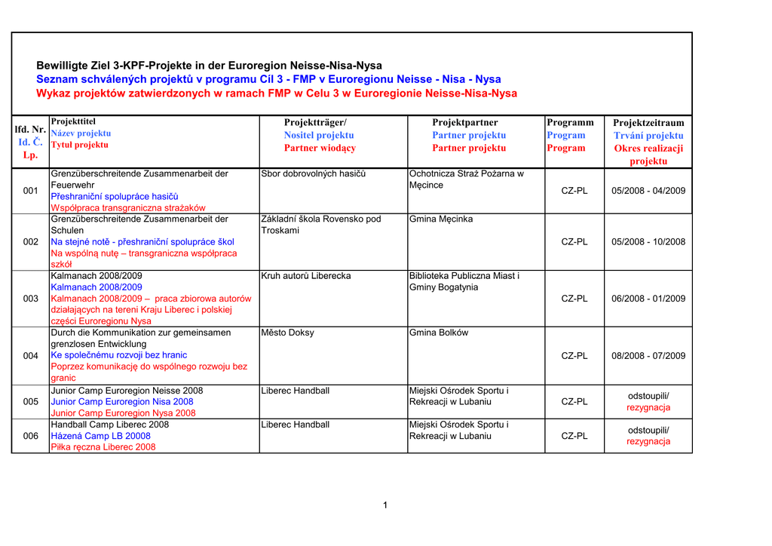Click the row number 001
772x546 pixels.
[31, 191]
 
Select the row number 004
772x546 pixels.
[31, 356]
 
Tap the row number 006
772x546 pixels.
[31, 436]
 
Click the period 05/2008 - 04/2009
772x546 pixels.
[648, 191]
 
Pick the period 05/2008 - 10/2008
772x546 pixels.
[648, 242]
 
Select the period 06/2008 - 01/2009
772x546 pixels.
[648, 299]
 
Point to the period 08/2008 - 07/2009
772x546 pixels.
[648, 356]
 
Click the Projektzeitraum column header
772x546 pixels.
[648, 122]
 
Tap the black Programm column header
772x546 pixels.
[570, 122]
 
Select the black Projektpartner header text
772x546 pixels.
[465, 122]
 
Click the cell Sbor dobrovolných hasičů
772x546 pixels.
[314, 174]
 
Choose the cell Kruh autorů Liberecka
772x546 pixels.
[306, 276]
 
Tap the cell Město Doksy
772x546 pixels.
[288, 333]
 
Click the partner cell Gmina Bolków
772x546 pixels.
[439, 333]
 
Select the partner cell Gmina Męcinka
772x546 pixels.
[441, 219]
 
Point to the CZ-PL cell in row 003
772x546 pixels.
[574, 299]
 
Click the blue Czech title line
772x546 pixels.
[268, 79]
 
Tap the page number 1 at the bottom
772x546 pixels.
[385, 505]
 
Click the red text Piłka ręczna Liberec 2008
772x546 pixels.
[103, 447]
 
